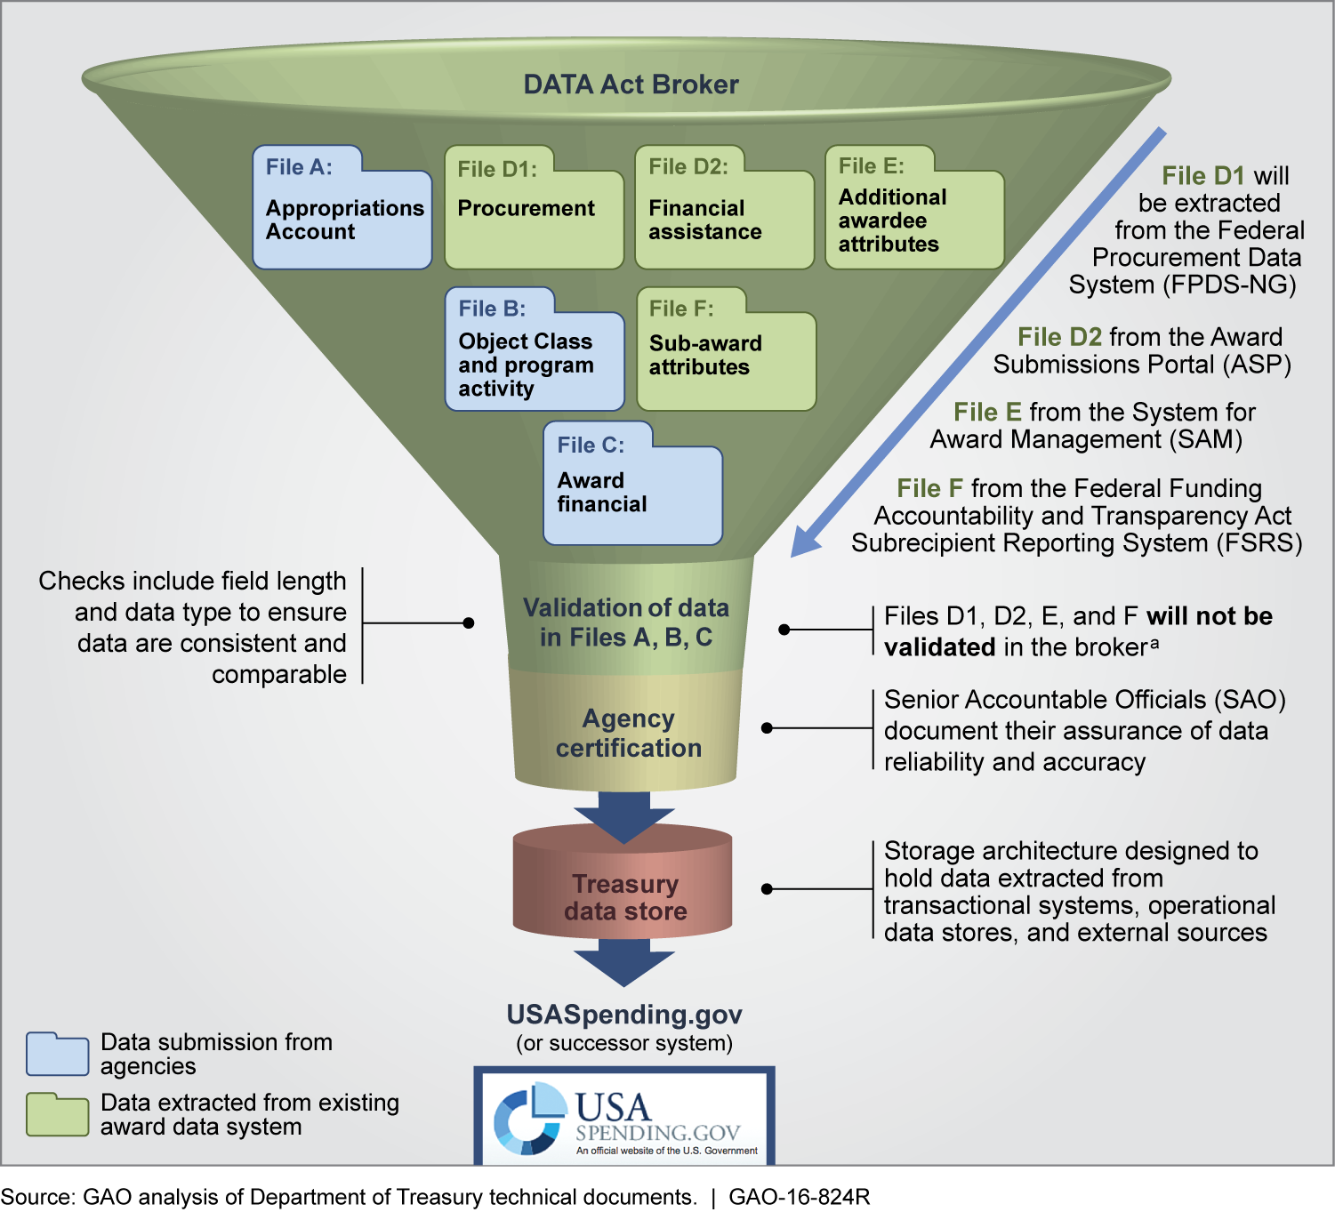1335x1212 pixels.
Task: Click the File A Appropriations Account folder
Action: point(342,213)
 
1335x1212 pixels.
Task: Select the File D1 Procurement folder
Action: point(534,213)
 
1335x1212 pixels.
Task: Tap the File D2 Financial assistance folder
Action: point(724,213)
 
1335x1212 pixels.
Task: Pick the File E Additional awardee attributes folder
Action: point(914,213)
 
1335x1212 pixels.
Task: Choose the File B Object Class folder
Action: point(535,355)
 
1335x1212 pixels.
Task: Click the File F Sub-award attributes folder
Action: point(726,355)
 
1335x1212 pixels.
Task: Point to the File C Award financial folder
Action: point(632,488)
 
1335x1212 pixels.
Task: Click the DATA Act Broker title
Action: point(631,84)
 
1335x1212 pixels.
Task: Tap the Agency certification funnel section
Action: point(628,733)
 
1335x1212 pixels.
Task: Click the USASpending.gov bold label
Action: point(624,1015)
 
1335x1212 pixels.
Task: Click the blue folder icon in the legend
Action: point(57,1055)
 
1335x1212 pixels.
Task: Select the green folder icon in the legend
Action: point(57,1115)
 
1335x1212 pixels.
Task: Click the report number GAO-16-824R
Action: point(799,1197)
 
